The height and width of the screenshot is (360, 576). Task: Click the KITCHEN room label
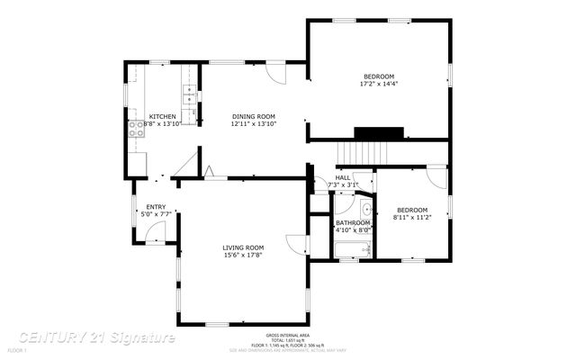point(163,116)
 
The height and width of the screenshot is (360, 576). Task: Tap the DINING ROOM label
point(253,116)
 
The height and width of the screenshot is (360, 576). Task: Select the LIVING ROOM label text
point(244,247)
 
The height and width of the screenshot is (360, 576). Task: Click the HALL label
point(344,177)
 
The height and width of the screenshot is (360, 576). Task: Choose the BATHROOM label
point(353,222)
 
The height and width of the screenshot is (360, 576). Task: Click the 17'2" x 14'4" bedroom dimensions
point(379,84)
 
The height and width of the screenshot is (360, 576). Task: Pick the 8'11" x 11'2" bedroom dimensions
point(412,217)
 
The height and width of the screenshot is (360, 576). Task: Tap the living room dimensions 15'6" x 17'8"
point(244,256)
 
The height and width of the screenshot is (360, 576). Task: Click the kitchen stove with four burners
point(137,130)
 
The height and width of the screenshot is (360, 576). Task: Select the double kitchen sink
point(190,91)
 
